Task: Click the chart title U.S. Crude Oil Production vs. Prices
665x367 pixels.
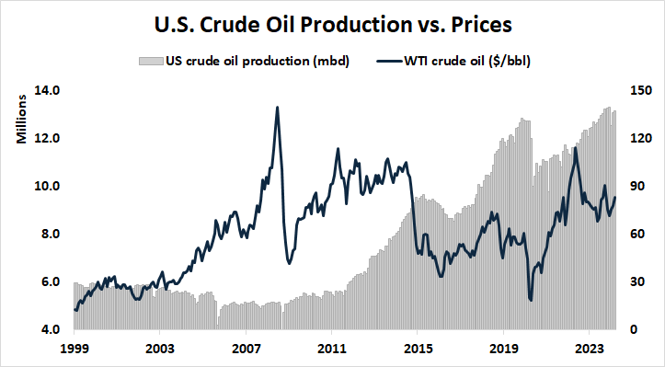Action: click(x=332, y=22)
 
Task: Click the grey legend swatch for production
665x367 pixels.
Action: click(x=148, y=62)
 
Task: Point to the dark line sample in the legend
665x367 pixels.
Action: click(x=388, y=62)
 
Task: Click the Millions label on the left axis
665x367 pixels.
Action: click(x=20, y=119)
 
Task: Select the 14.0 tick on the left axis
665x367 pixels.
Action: click(x=48, y=90)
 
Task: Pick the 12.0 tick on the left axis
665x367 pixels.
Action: click(x=48, y=138)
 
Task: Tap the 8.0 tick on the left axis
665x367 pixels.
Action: click(x=48, y=234)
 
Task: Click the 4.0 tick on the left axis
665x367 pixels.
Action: click(x=48, y=329)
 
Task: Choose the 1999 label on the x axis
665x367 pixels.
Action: click(x=73, y=350)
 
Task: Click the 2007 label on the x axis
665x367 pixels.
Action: click(x=246, y=350)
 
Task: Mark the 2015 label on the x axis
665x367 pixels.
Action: click(x=418, y=350)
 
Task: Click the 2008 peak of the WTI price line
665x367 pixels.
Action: click(x=278, y=108)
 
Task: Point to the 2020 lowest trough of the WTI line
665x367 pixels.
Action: click(x=531, y=300)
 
